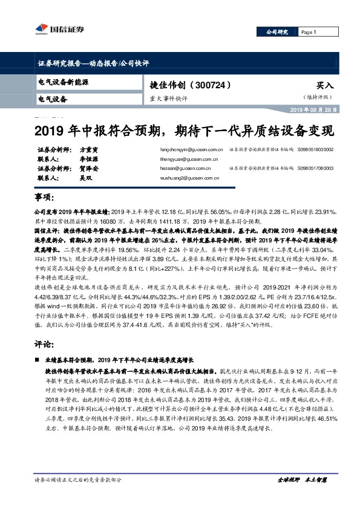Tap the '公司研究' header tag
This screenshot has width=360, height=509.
point(278,32)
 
